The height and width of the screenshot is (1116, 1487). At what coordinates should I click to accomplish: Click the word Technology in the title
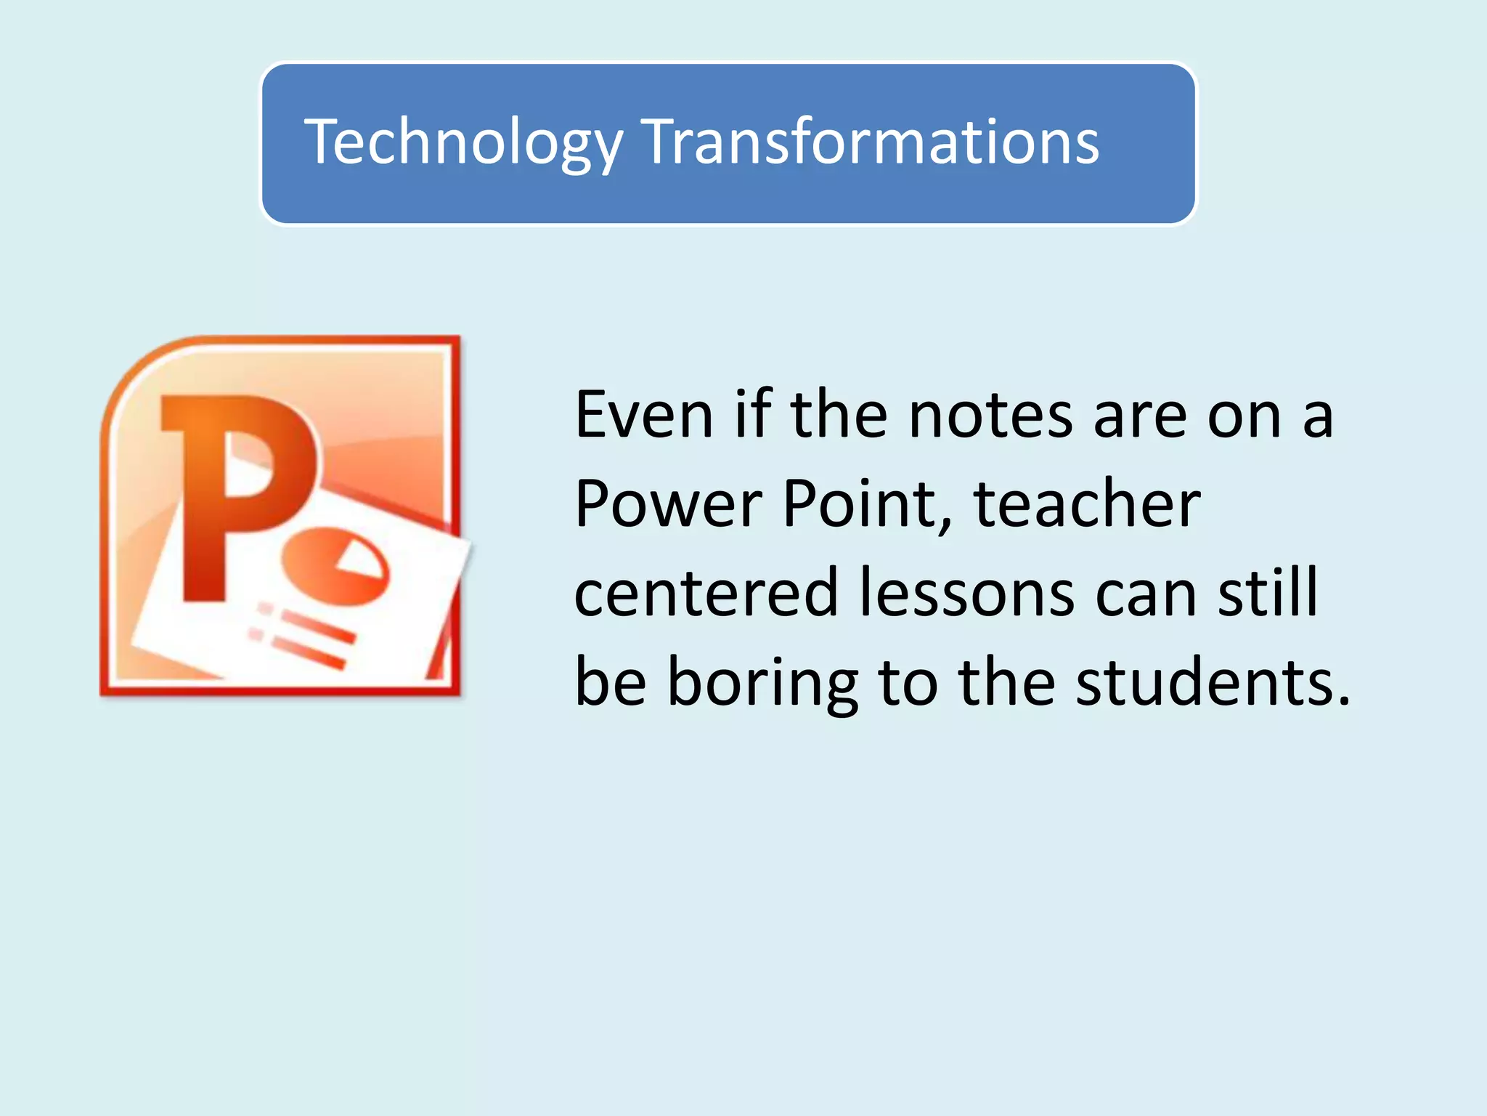[463, 142]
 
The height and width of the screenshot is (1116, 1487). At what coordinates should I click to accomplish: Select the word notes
[990, 416]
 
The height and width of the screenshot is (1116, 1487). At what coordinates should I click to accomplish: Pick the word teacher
[1087, 504]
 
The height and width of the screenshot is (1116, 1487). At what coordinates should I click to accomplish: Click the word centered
[706, 594]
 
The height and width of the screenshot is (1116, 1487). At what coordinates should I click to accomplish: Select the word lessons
[966, 594]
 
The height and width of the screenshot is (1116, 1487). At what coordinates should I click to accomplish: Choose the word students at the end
[1213, 683]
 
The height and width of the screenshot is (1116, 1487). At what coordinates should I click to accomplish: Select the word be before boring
[610, 683]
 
